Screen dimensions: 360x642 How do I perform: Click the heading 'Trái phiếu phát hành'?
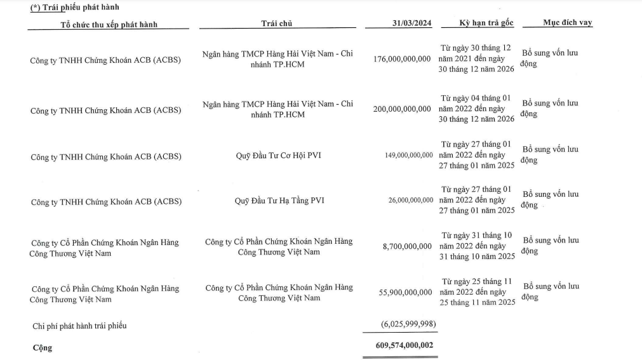click(79, 7)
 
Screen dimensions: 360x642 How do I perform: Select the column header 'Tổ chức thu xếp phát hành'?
click(109, 24)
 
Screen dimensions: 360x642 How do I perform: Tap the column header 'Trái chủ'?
click(277, 23)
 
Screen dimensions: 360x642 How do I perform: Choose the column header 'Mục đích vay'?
click(567, 22)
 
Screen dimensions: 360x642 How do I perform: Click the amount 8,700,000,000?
click(407, 246)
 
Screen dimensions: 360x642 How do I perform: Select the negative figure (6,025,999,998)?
click(408, 324)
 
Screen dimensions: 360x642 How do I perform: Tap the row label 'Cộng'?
click(42, 348)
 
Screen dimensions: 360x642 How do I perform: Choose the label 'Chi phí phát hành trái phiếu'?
click(79, 326)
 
